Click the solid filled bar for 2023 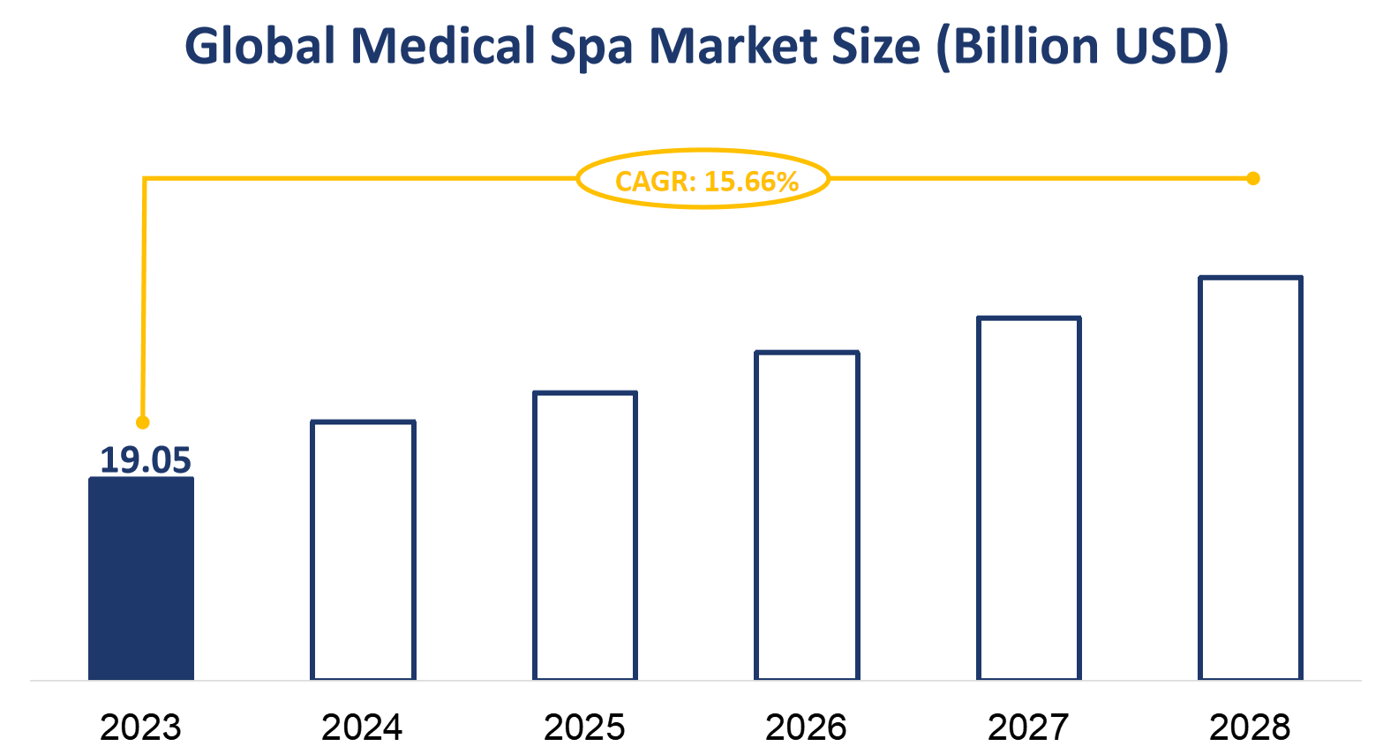coord(141,578)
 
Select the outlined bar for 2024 coord(363,550)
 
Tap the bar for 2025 coord(585,535)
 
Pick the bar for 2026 coord(807,516)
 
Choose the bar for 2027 coord(1029,498)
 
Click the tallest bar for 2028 coord(1251,478)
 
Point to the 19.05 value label coord(145,460)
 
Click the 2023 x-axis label coord(140,727)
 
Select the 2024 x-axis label coord(362,727)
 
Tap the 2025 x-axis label coord(584,727)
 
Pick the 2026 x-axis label coord(806,727)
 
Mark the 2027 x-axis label coord(1028,727)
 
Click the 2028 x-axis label coord(1250,727)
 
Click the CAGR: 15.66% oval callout coord(704,179)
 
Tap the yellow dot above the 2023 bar coord(143,422)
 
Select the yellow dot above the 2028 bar coord(1252,179)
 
